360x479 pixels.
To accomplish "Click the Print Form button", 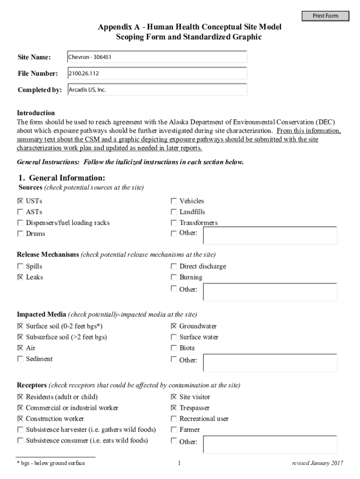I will pyautogui.click(x=325, y=16).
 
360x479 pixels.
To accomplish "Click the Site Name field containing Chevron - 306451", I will pyautogui.click(x=157, y=57).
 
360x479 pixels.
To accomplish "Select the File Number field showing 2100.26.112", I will pyautogui.click(x=157, y=73).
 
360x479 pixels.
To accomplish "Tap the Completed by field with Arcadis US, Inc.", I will pyautogui.click(x=157, y=89).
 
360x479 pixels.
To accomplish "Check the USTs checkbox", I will pyautogui.click(x=20, y=201).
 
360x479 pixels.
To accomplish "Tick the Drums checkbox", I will pyautogui.click(x=20, y=233).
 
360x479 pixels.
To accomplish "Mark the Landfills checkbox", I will pyautogui.click(x=174, y=212).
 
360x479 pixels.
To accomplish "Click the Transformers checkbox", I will pyautogui.click(x=174, y=223).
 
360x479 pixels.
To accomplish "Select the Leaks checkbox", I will pyautogui.click(x=20, y=277).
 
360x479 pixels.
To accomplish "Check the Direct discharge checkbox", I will pyautogui.click(x=174, y=266).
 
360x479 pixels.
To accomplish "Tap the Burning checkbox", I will pyautogui.click(x=174, y=277).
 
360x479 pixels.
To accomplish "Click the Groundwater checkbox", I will pyautogui.click(x=174, y=327).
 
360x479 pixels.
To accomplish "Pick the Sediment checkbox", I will pyautogui.click(x=20, y=359).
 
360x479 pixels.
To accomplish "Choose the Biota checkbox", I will pyautogui.click(x=174, y=348).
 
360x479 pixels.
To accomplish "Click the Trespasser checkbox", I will pyautogui.click(x=174, y=408).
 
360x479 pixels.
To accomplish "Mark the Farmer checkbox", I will pyautogui.click(x=174, y=429).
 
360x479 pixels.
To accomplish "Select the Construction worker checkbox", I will pyautogui.click(x=20, y=419).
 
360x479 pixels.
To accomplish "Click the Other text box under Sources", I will pyautogui.click(x=270, y=235).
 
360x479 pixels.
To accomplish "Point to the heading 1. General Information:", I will pyautogui.click(x=62, y=178).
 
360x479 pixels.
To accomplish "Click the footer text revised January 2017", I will pyautogui.click(x=317, y=463).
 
